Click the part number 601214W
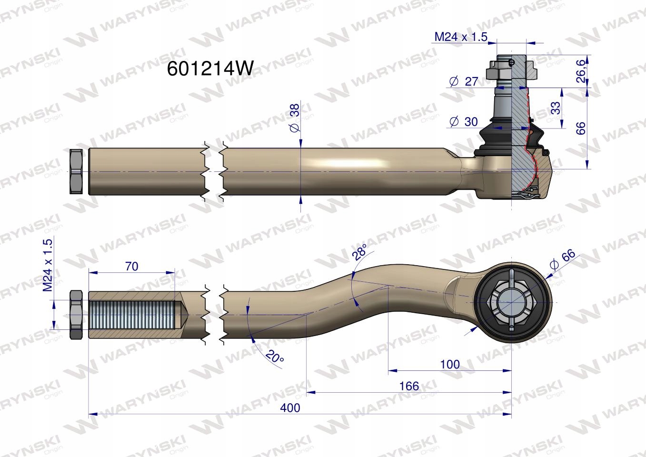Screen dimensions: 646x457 coord(210,69)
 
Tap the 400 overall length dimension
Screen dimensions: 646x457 coord(290,407)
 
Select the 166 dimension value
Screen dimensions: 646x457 coord(409,386)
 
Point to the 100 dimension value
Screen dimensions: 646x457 coord(450,365)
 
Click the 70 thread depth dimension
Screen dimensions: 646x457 coord(131,266)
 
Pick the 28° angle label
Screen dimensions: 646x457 coord(359,251)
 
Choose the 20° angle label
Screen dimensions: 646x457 coord(275,357)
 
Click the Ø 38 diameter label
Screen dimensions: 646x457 coord(295,118)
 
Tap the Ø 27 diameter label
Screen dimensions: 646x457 coord(464,81)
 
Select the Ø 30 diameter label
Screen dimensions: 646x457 coord(464,122)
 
